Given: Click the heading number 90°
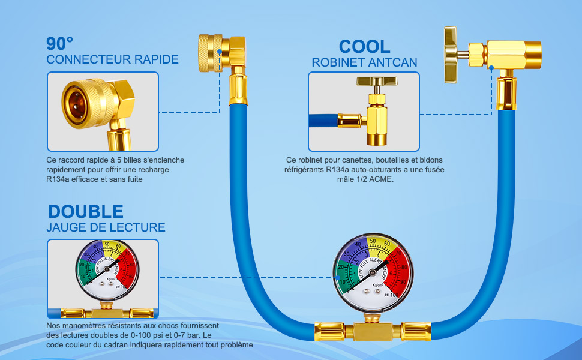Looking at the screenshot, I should pyautogui.click(x=60, y=44).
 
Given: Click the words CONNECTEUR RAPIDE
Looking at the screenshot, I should pyautogui.click(x=113, y=59).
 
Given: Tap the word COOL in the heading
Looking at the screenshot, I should pyautogui.click(x=364, y=46).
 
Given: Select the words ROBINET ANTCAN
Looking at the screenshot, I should pyautogui.click(x=364, y=62).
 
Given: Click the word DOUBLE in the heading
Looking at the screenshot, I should pyautogui.click(x=86, y=211).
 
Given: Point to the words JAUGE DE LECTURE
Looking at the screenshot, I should pyautogui.click(x=106, y=227).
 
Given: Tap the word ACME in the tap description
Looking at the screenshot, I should pyautogui.click(x=380, y=179).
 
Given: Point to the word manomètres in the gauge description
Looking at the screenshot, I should pyautogui.click(x=89, y=325).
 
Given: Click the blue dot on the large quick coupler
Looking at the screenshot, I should pyautogui.click(x=220, y=53).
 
